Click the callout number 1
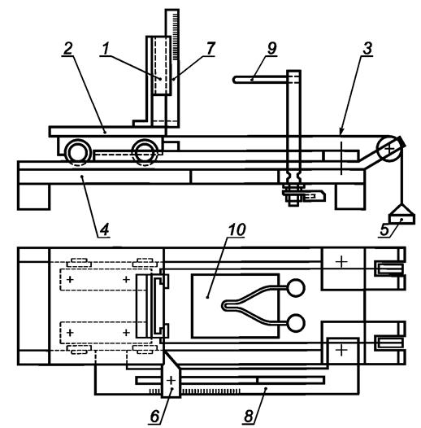pyautogui.click(x=106, y=49)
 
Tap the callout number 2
pyautogui.click(x=68, y=49)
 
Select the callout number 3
pyautogui.click(x=367, y=49)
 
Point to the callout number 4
pyautogui.click(x=104, y=229)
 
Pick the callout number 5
pyautogui.click(x=384, y=229)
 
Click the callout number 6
pyautogui.click(x=154, y=417)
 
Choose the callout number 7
pyautogui.click(x=210, y=49)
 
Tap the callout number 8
pyautogui.click(x=249, y=417)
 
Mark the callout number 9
pyautogui.click(x=271, y=49)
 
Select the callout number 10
pyautogui.click(x=237, y=229)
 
